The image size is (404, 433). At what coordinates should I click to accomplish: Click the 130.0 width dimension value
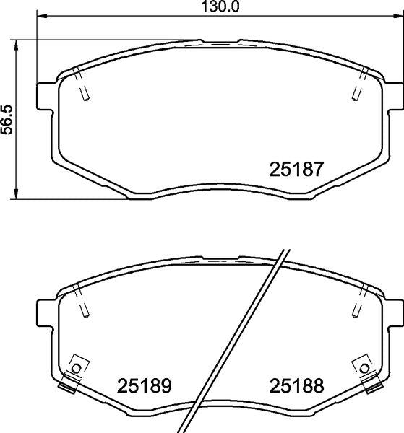point(220,6)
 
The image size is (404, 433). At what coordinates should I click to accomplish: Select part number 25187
point(296,169)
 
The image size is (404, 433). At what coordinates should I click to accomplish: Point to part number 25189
point(144,385)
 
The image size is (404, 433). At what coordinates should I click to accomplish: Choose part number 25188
point(296,385)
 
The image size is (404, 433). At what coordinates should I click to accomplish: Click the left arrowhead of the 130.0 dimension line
point(42,17)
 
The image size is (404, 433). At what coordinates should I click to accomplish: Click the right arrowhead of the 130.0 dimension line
point(398,17)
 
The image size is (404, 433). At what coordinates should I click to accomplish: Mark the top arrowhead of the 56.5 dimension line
point(17,45)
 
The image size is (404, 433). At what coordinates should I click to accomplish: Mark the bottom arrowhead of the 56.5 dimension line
point(17,193)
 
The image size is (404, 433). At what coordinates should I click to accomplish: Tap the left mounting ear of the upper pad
point(45,96)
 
